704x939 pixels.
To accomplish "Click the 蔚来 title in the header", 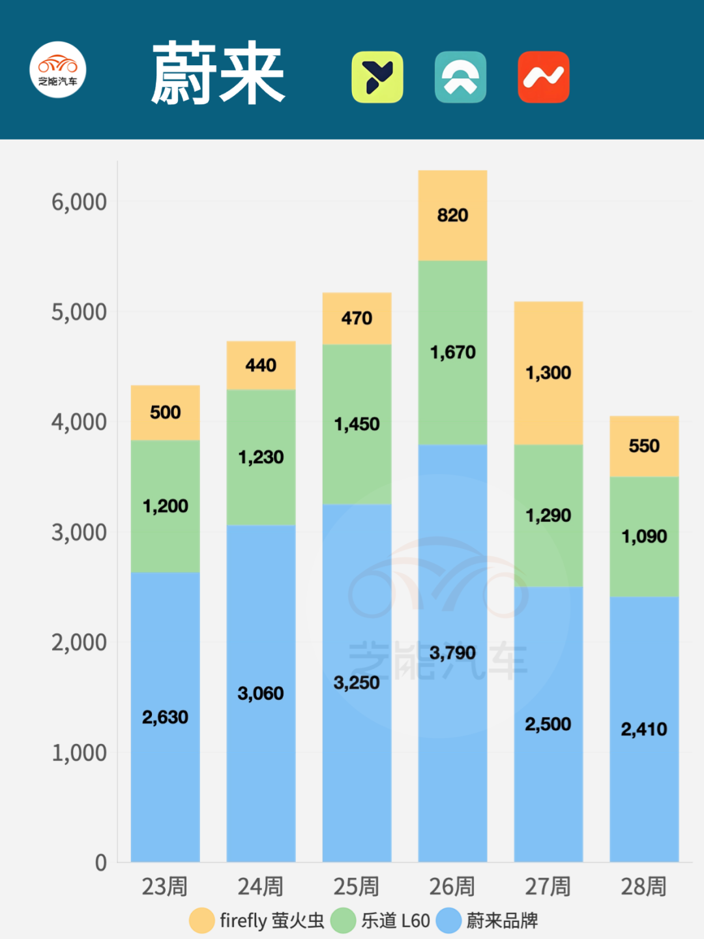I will (218, 73).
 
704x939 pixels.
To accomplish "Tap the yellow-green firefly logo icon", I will (377, 77).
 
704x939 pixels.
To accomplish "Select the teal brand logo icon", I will (460, 77).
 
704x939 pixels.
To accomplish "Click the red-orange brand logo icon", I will (544, 77).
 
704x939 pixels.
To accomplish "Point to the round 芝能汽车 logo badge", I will (58, 70).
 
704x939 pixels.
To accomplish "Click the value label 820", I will (452, 215).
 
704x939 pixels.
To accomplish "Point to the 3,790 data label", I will (452, 653).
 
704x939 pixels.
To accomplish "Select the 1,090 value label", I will (644, 537).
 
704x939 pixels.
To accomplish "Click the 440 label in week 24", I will (261, 365).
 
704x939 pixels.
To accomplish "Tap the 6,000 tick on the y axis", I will (79, 202).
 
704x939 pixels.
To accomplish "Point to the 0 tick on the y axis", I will (100, 863).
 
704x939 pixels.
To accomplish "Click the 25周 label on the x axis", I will (356, 887).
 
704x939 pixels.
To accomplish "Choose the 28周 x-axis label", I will (643, 887).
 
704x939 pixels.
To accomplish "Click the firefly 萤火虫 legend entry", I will (257, 921).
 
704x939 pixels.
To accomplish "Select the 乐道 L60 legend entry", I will (381, 921).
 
